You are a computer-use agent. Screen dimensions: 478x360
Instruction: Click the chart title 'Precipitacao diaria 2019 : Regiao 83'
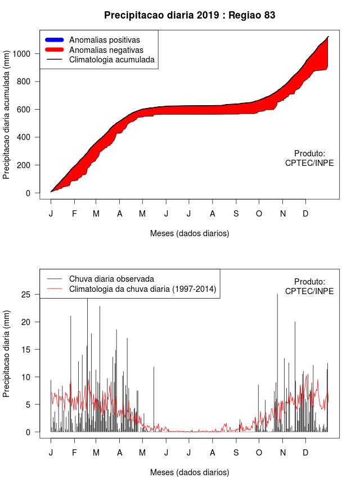click(190, 15)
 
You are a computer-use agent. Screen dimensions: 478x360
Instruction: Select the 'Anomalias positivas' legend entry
click(104, 40)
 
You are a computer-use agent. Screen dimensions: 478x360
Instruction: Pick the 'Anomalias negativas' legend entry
click(106, 49)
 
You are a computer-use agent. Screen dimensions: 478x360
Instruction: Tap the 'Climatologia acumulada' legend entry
click(111, 59)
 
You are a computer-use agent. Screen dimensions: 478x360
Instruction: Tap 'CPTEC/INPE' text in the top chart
click(309, 163)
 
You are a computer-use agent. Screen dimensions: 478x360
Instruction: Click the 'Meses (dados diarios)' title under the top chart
click(190, 233)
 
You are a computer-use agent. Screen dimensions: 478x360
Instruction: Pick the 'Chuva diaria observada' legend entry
click(111, 279)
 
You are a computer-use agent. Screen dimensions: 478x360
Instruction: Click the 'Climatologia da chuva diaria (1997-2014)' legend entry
click(142, 289)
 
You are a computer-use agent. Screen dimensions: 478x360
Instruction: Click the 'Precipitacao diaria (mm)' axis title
click(7, 353)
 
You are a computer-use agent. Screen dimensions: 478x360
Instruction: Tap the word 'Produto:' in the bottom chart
click(309, 281)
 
